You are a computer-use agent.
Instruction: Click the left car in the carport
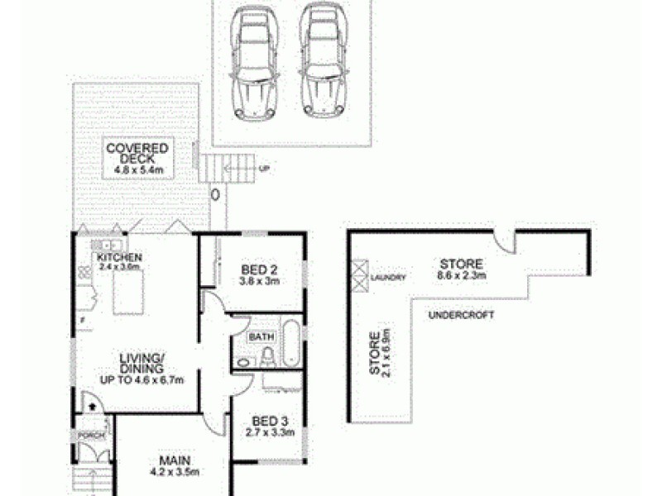point(253,64)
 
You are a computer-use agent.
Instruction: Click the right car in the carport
point(319,64)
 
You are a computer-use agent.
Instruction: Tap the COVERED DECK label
point(137,155)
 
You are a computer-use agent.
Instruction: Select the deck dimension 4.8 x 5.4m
point(137,171)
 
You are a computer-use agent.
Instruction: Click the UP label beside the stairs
point(265,169)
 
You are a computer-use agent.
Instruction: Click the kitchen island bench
point(130,293)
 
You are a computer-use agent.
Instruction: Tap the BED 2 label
point(257,269)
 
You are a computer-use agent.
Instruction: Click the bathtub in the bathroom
point(290,344)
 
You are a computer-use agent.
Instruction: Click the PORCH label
point(89,435)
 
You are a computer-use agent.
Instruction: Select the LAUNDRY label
point(388,278)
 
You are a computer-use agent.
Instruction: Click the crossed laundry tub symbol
point(360,275)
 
